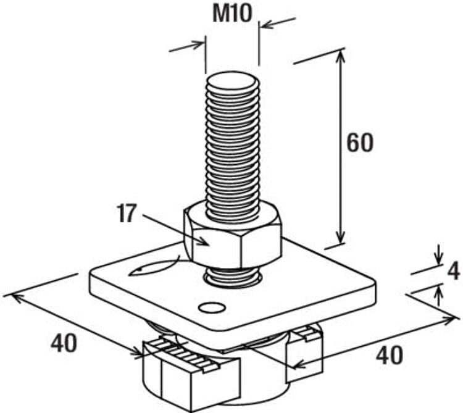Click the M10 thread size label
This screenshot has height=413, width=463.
point(233,14)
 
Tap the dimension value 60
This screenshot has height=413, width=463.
point(359,143)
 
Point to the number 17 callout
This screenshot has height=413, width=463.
point(127,214)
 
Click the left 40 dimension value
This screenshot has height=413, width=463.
point(64,344)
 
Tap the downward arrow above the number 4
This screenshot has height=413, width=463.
point(438,256)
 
